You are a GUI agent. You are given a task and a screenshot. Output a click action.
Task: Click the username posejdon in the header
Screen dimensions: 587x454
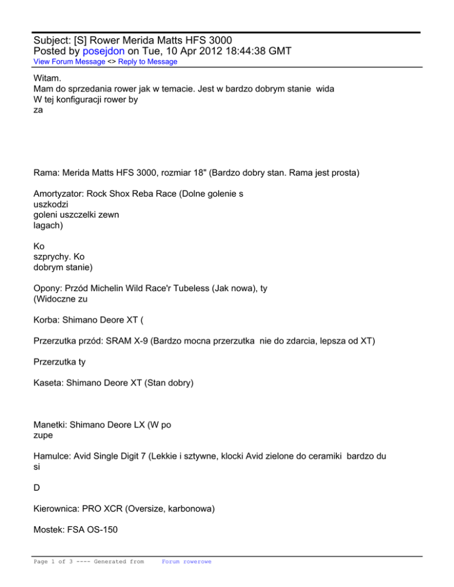click(87, 51)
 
